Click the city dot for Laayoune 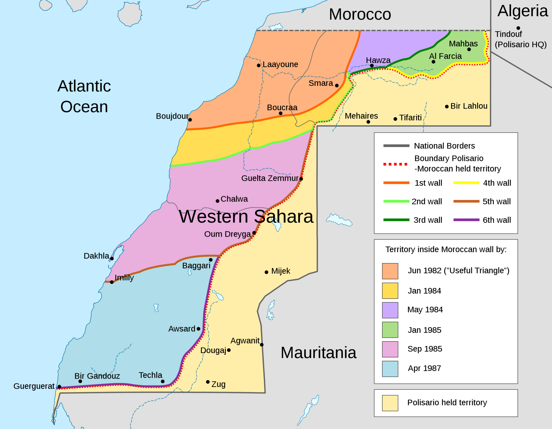tap(259, 66)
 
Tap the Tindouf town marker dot tap(518, 28)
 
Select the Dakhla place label tap(96, 256)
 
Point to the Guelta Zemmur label tap(270, 178)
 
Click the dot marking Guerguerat tap(59, 387)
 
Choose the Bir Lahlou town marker tap(447, 107)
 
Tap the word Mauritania tap(318, 353)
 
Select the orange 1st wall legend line tap(396, 183)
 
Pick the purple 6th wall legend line tap(466, 220)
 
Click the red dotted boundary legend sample tap(395, 164)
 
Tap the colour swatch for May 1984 tap(390, 310)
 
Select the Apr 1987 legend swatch tap(390, 369)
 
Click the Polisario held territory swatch tap(390, 403)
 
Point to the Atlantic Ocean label tap(84, 96)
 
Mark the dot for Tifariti tap(395, 119)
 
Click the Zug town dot tap(208, 382)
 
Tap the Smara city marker tap(337, 86)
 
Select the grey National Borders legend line tap(396, 146)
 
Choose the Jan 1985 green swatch tap(390, 330)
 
